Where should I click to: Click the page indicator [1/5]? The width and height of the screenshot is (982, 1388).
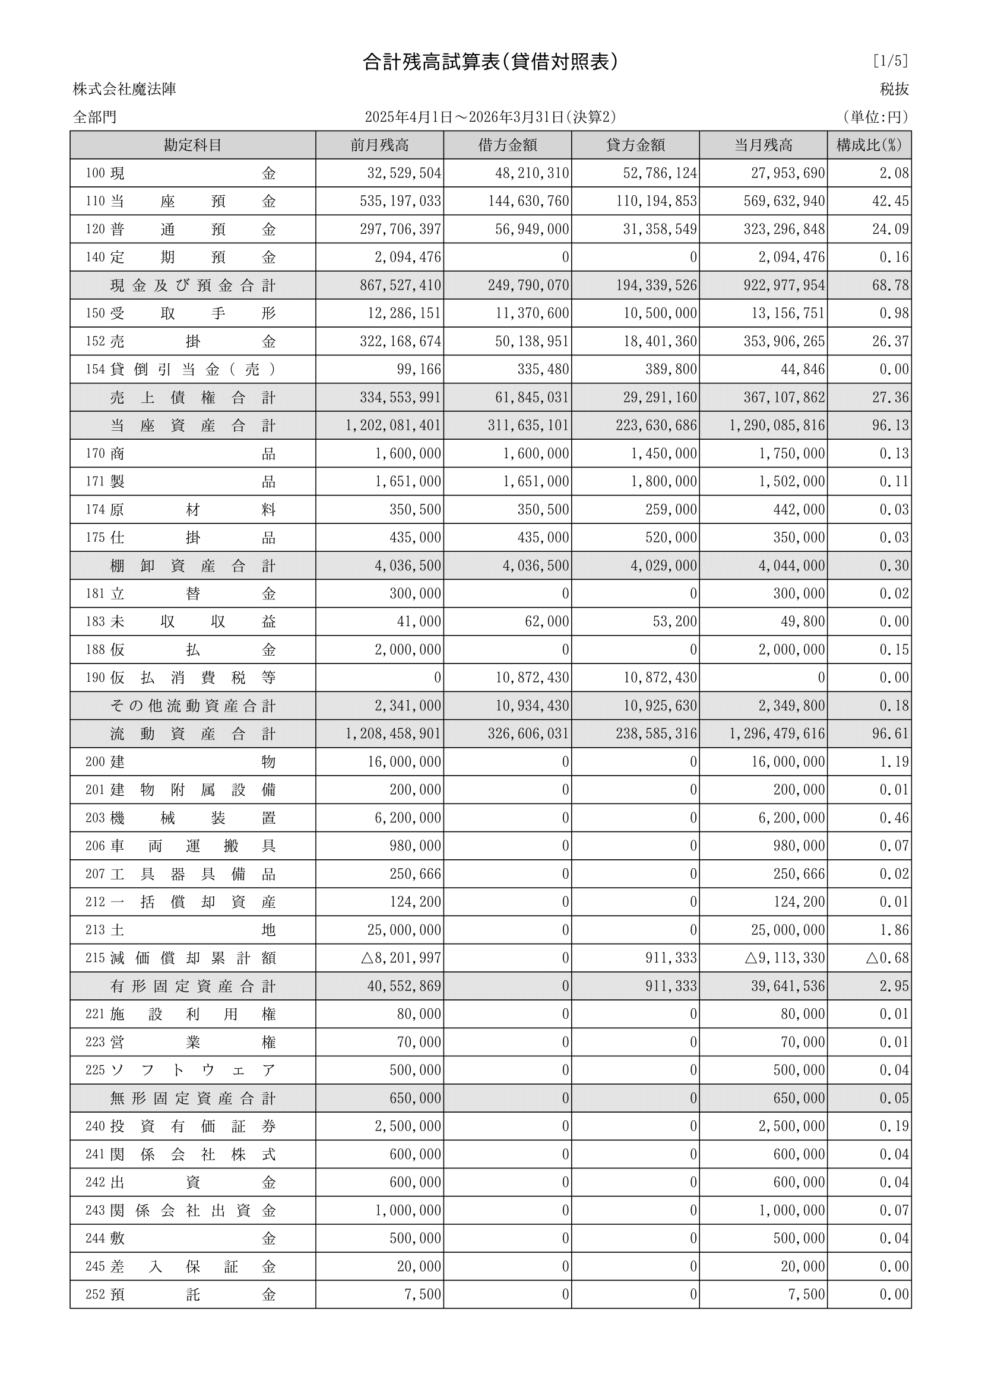point(890,61)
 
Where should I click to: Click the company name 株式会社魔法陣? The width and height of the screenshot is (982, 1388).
point(125,90)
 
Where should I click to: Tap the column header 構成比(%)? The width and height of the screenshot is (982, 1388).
point(869,145)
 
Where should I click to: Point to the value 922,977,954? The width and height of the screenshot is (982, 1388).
point(784,285)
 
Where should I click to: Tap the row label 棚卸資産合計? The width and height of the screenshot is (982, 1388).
point(192,566)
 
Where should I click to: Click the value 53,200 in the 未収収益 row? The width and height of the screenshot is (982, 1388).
point(675,621)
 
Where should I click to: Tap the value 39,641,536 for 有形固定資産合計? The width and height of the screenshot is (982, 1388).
point(788,986)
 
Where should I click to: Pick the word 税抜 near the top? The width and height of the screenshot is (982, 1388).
point(894,90)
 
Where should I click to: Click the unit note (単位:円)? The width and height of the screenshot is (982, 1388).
point(875,117)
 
